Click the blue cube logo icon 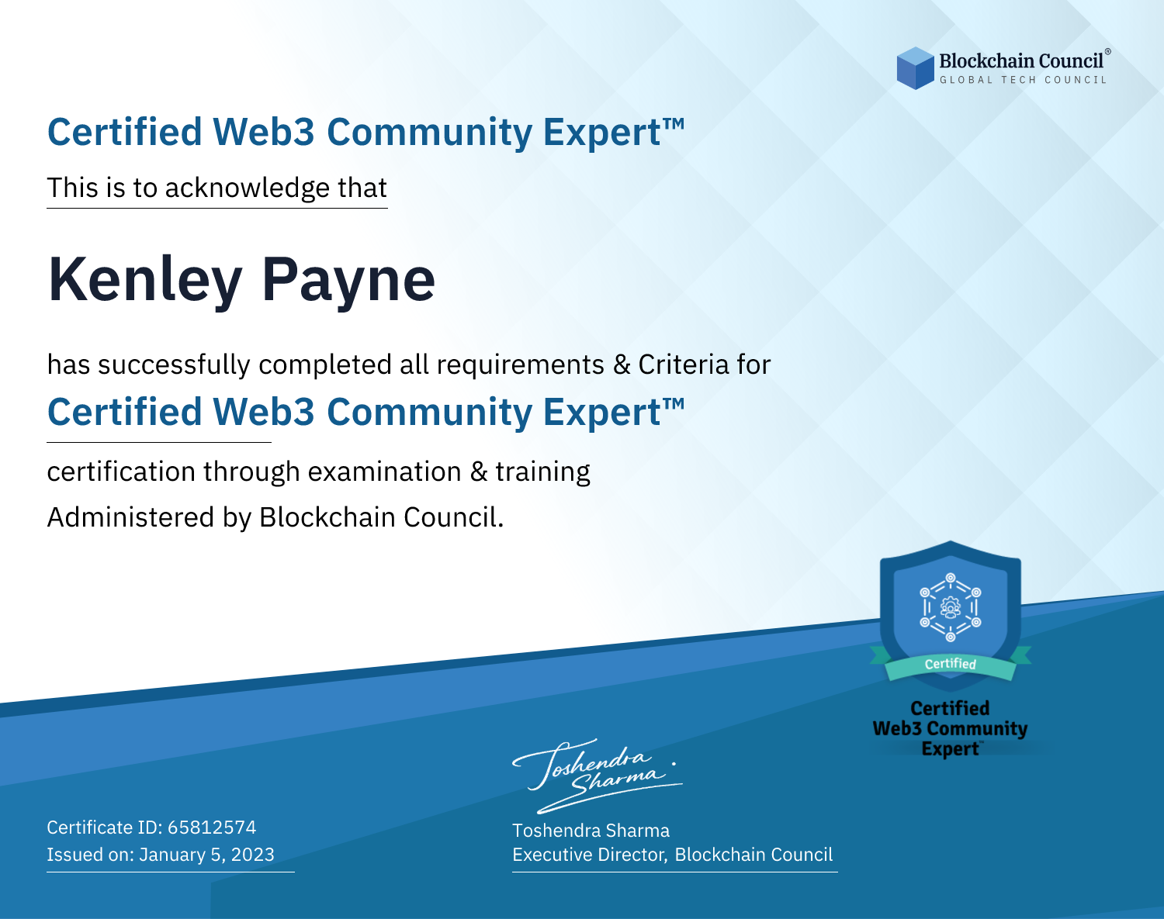coord(915,68)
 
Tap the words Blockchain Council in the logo coord(1021,61)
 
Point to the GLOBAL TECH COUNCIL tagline coord(1023,80)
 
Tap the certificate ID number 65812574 coord(212,827)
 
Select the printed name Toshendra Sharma coord(591,831)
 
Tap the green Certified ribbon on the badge coord(951,665)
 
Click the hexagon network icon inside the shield coord(951,607)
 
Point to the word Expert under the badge coord(951,749)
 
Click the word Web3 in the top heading coord(263,132)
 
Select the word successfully coord(174,365)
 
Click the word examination coord(384,472)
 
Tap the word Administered coord(131,517)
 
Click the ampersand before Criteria coord(622,365)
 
